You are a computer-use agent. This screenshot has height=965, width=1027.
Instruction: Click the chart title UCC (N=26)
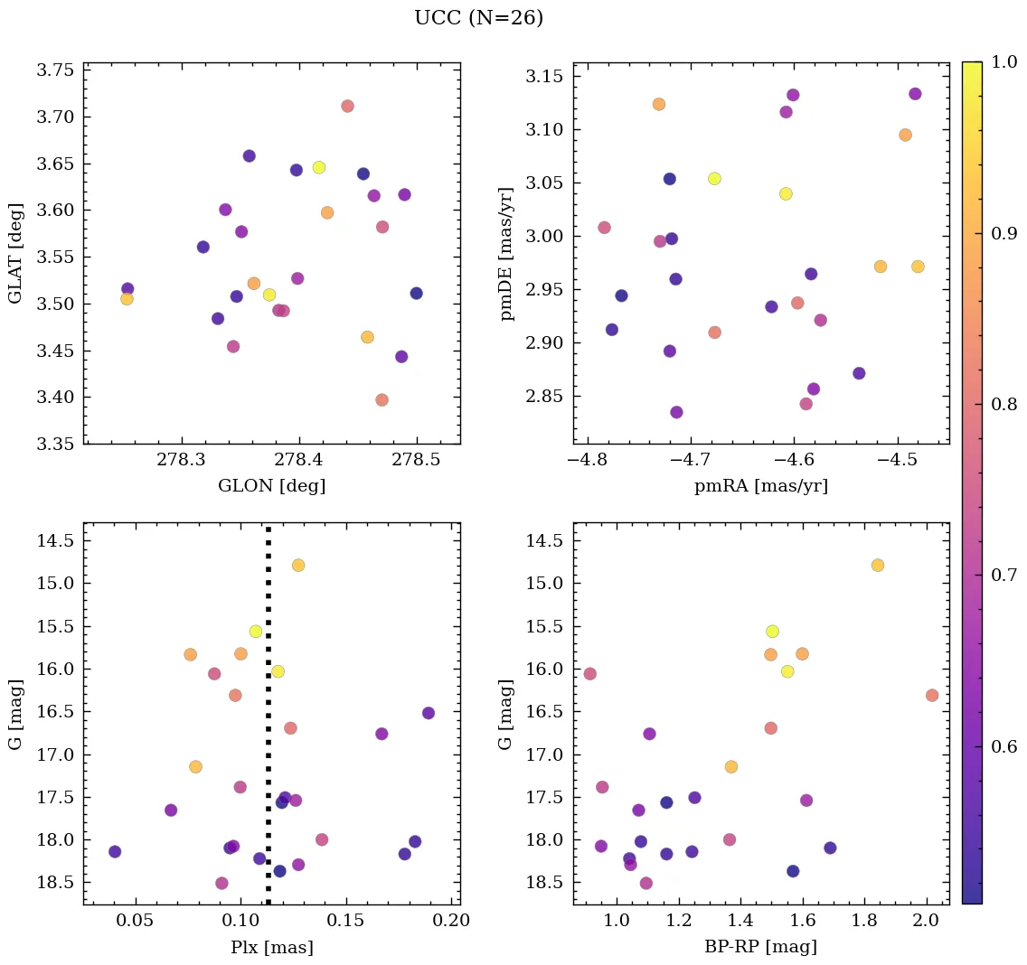click(x=478, y=18)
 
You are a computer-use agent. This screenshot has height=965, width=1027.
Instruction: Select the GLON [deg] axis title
click(x=271, y=486)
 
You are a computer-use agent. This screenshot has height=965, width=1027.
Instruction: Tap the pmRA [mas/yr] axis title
click(x=761, y=486)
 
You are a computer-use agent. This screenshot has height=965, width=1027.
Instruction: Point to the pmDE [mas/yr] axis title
click(x=507, y=253)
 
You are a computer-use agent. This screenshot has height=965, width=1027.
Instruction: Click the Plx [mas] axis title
click(x=271, y=947)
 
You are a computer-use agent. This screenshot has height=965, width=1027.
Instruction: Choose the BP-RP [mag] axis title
click(x=761, y=947)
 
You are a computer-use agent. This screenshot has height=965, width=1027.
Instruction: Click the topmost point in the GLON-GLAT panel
click(x=347, y=106)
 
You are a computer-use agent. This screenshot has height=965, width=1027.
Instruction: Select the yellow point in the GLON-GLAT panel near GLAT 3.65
click(x=318, y=167)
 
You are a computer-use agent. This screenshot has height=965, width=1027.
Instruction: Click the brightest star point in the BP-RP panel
click(x=877, y=565)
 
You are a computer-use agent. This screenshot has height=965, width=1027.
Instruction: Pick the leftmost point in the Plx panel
click(x=115, y=851)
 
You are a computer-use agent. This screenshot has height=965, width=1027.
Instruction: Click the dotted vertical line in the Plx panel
click(x=268, y=723)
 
